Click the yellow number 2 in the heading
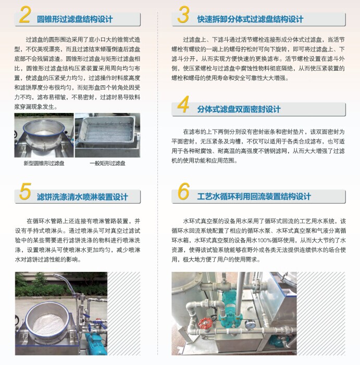pos(25,15)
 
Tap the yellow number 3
pos(183,15)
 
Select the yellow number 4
pos(183,104)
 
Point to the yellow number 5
pos(25,191)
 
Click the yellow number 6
pos(184,191)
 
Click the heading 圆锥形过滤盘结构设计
pos(75,19)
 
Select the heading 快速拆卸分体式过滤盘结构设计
pos(250,19)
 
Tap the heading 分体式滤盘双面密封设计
pos(239,109)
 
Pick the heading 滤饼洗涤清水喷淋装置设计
pos(82,197)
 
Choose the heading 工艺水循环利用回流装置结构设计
pos(254,196)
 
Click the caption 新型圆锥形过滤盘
pos(44,163)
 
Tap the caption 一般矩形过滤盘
pos(107,163)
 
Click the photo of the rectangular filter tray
pos(107,135)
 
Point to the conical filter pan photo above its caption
pos(44,135)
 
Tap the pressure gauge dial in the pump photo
pos(250,324)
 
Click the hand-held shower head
pos(64,279)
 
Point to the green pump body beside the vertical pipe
pos(229,307)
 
